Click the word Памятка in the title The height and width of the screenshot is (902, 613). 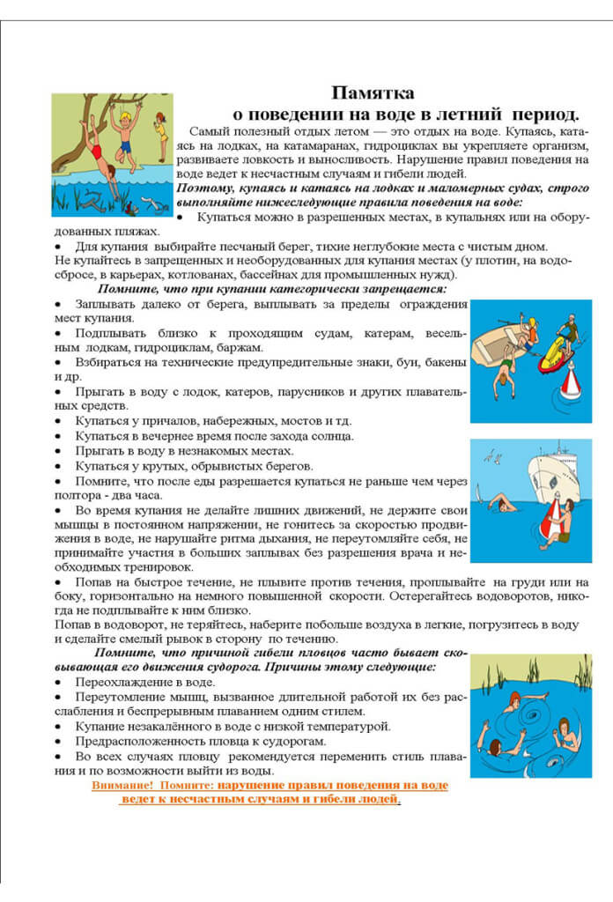(x=373, y=92)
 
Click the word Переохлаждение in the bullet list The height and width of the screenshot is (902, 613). (x=114, y=682)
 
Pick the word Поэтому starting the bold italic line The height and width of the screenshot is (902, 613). (x=203, y=188)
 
